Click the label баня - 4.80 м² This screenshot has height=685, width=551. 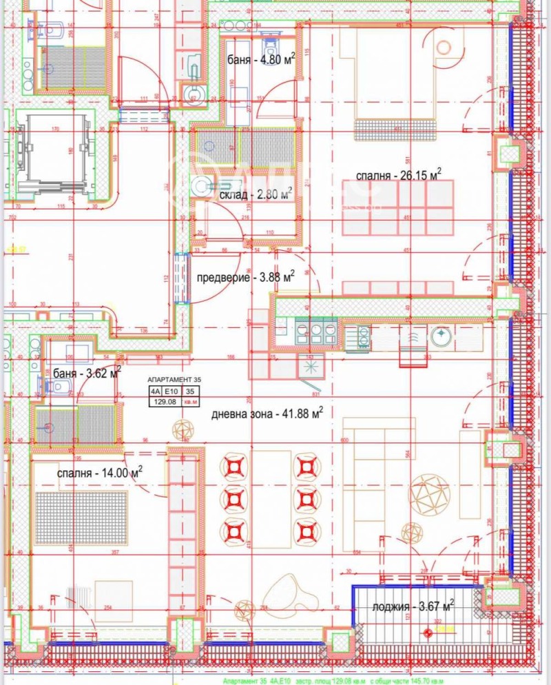click(x=261, y=59)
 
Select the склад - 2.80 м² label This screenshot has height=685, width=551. click(x=256, y=194)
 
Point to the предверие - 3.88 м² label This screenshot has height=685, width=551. click(x=245, y=277)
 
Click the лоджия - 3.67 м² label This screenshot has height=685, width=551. click(x=413, y=607)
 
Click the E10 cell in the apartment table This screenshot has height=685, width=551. click(x=171, y=390)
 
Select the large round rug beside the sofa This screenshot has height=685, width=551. click(x=429, y=493)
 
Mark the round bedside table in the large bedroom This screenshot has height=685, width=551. click(x=444, y=47)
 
